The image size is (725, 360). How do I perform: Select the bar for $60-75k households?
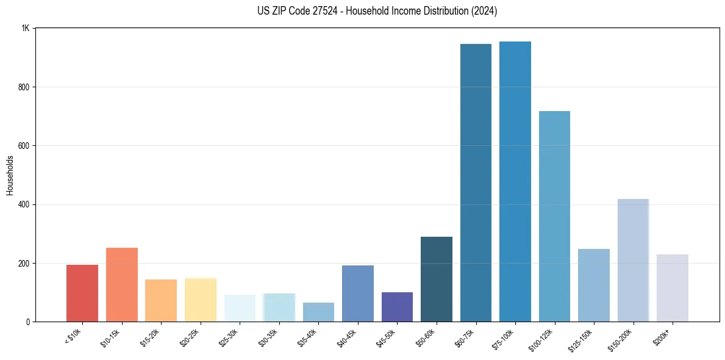coord(476,183)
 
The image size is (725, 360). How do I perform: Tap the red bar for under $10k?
coord(82,293)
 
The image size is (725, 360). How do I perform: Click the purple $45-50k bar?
coord(397,307)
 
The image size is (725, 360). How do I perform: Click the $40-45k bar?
coord(358,293)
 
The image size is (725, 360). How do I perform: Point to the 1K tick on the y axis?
coord(26,29)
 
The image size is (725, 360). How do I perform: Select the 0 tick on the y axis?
coord(28,322)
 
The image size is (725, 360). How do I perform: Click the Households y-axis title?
coord(10,175)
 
